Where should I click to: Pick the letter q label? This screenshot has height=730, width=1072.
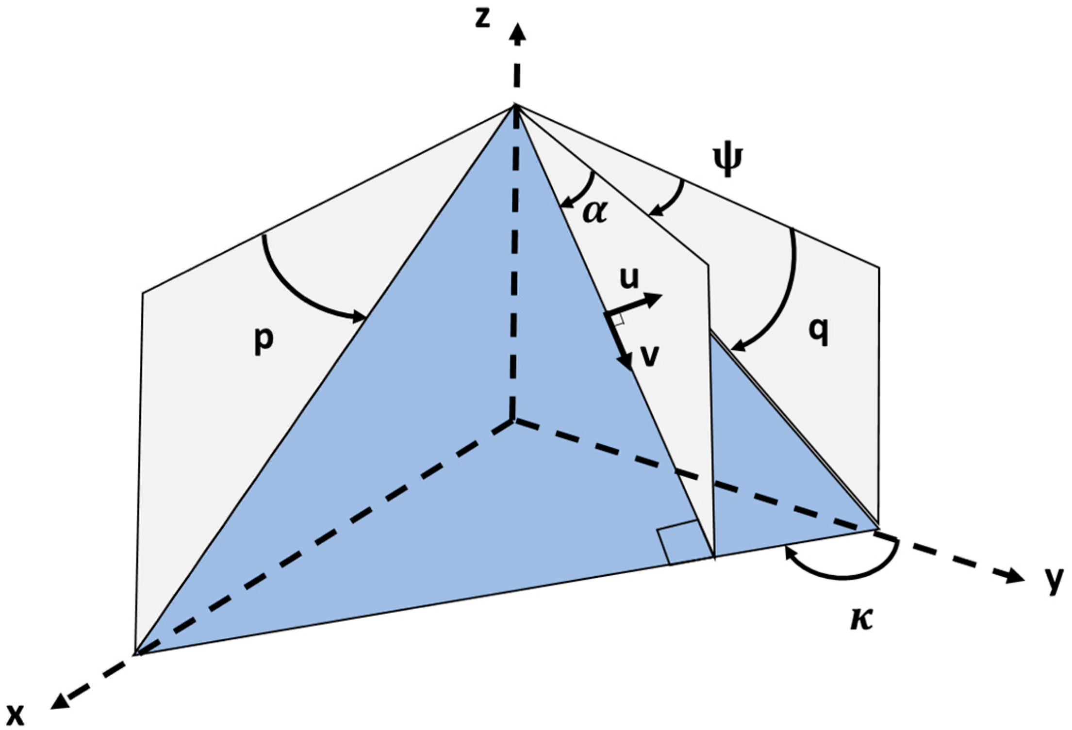(x=818, y=333)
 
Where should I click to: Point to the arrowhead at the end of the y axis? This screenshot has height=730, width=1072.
(x=1015, y=577)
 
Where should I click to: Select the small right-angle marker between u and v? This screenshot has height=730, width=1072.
(x=617, y=319)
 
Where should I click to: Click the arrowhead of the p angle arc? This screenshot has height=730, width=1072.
(x=359, y=318)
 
